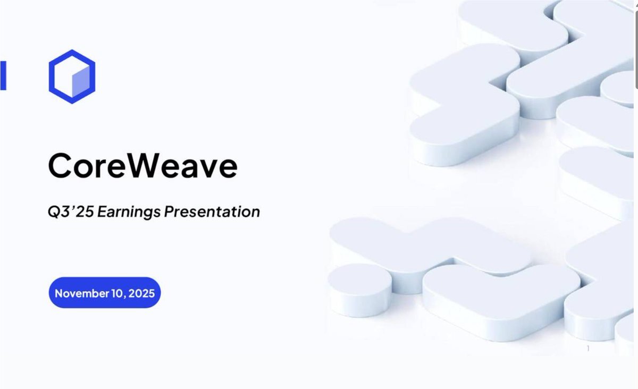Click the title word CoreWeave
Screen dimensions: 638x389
(142, 166)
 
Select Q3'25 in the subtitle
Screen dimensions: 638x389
(71, 212)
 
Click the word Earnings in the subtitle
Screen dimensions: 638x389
(129, 212)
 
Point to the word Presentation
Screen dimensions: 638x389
(212, 212)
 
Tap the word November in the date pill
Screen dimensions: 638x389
(82, 293)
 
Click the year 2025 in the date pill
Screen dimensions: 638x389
(141, 293)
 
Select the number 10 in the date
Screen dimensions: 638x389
(117, 293)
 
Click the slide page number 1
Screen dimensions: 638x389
(588, 348)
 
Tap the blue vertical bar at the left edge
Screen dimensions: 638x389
(3, 75)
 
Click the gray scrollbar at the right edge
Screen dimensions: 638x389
(636, 50)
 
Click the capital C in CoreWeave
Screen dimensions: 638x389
(60, 165)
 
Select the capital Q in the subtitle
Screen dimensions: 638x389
(53, 212)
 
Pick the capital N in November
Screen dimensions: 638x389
(59, 293)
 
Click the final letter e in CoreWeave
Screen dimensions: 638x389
(228, 169)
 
